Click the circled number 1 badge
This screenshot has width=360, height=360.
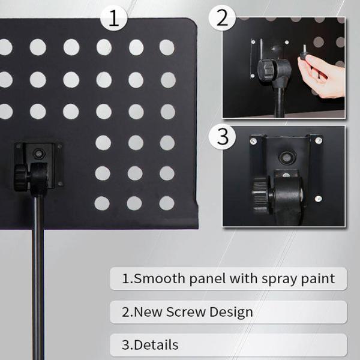coord(113,18)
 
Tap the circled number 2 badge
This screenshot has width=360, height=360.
coord(222,18)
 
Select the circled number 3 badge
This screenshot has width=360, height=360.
coord(222,136)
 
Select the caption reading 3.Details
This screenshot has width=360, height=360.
coord(150,345)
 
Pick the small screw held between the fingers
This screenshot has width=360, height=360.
coord(304,52)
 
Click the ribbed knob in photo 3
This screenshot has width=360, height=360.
coord(260,195)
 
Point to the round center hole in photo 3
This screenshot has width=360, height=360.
coord(286,158)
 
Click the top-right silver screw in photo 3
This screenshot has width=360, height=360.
coord(318,140)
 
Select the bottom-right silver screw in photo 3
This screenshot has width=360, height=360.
coord(318,199)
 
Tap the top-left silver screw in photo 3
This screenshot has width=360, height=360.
coord(253,141)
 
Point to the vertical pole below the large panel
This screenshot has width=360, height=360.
coord(38,275)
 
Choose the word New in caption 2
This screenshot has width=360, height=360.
coord(148,312)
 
